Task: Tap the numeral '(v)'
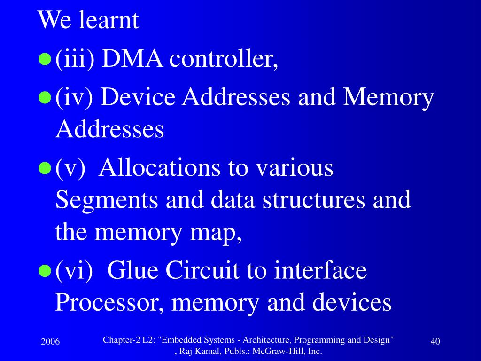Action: coord(70,168)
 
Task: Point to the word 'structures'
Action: coord(313,200)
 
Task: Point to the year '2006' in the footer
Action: coord(50,342)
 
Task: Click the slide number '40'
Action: coord(435,342)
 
